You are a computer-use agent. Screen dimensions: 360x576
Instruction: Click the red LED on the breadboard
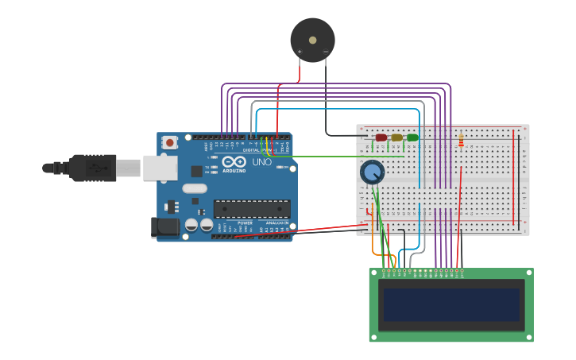(381, 137)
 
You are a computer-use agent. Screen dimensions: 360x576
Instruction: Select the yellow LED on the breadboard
(396, 137)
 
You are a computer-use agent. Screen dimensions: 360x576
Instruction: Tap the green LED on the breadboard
(412, 137)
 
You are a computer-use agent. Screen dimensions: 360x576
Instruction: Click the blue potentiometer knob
(372, 172)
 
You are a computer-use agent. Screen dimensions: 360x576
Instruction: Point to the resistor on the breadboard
(462, 141)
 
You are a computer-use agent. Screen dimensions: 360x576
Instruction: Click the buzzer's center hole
(312, 39)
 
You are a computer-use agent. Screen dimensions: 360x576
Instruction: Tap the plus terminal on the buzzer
(300, 52)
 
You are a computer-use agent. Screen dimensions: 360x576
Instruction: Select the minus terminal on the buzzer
(326, 52)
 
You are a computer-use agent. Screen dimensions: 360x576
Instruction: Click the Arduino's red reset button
(169, 142)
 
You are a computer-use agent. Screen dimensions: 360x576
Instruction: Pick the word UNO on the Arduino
(261, 162)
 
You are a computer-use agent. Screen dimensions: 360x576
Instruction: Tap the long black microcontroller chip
(251, 209)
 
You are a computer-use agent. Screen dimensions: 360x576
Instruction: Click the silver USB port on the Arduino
(160, 167)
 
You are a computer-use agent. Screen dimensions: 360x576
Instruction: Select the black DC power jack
(165, 226)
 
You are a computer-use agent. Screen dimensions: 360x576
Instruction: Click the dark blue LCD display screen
(450, 305)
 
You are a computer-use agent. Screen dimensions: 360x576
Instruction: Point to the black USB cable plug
(92, 168)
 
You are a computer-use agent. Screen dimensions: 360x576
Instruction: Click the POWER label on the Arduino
(245, 223)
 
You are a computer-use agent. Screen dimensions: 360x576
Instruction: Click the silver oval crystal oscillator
(194, 189)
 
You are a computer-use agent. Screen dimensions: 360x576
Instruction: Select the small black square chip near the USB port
(196, 171)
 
